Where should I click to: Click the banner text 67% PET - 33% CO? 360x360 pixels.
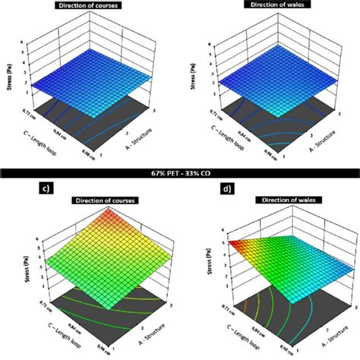click(180, 174)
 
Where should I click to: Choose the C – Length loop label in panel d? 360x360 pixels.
click(241, 335)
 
